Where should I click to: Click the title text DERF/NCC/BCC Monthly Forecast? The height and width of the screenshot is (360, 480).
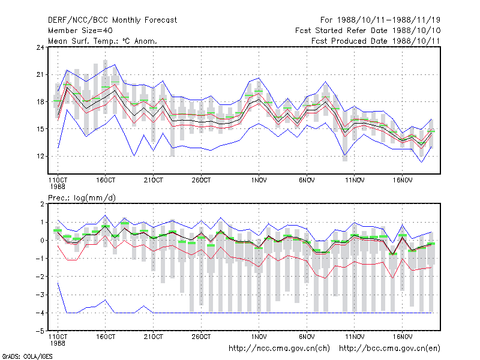point(112,20)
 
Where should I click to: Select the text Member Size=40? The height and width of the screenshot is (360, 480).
point(80,31)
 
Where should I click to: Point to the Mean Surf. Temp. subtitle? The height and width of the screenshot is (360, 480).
point(103,41)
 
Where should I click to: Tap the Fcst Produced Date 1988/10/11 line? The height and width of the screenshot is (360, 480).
point(376,41)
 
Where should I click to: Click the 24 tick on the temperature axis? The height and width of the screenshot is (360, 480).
point(40,47)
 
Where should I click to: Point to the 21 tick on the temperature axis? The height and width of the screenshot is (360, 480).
point(40,74)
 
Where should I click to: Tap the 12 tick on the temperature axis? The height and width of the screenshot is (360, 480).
point(40,157)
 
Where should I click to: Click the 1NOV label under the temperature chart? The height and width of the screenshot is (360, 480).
point(259,181)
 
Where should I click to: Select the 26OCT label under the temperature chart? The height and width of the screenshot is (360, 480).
point(201,181)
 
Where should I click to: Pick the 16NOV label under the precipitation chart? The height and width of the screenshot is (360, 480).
point(402,337)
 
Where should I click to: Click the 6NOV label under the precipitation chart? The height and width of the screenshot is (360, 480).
point(307,337)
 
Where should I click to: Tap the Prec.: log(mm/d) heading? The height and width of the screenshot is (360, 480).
point(82,198)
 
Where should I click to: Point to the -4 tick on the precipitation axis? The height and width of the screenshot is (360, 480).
point(40,313)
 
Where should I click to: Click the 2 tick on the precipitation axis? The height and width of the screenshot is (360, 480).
point(42,204)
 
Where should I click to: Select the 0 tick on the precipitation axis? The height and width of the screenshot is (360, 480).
point(42,241)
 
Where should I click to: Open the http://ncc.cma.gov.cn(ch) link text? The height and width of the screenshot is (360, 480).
point(279,349)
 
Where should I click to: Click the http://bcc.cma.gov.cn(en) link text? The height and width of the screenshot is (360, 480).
point(389,349)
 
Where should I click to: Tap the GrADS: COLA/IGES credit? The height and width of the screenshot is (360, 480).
point(27,356)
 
